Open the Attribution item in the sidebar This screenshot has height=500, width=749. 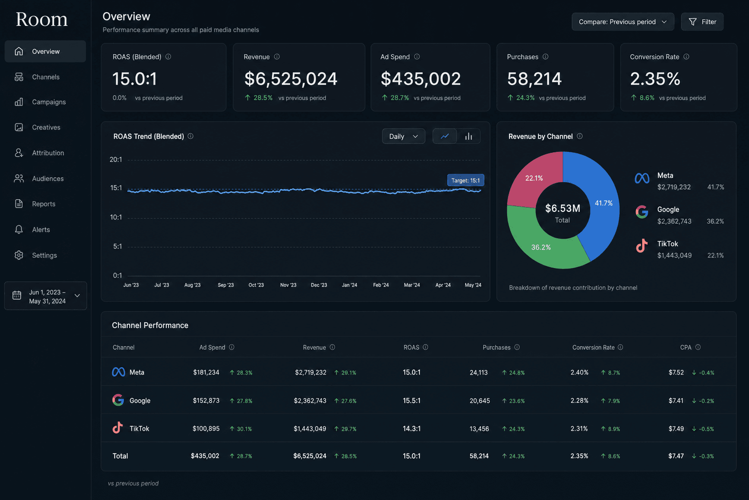pos(45,153)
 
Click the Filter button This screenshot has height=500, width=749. pos(702,22)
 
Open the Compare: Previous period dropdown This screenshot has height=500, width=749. pos(623,22)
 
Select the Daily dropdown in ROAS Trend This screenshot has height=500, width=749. pos(404,136)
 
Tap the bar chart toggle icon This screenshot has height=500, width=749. pos(469,136)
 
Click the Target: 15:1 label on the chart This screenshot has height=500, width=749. pos(466,180)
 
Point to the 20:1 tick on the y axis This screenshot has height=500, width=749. pos(116,159)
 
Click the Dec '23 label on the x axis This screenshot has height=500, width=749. pos(318,285)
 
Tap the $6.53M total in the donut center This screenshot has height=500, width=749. pos(563,208)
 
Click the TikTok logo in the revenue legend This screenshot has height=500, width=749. pos(642,246)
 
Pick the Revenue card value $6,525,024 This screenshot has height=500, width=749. pos(291,79)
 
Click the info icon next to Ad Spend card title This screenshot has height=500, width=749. pos(417,57)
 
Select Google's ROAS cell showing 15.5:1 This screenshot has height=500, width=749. pos(412,400)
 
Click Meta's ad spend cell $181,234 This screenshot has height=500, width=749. pos(206,373)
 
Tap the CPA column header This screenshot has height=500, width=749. pos(686,347)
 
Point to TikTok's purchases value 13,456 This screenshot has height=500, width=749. pos(479,429)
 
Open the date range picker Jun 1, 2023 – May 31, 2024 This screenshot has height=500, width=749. pos(45,296)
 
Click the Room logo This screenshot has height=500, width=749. pos(42,20)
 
